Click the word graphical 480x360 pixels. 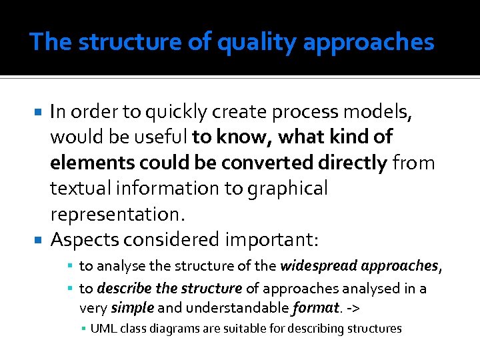(x=287, y=189)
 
